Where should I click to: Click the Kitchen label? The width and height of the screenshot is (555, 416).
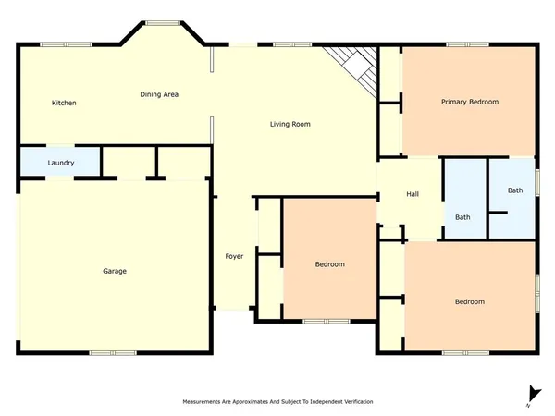pyautogui.click(x=64, y=103)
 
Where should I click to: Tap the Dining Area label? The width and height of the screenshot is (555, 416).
pyautogui.click(x=159, y=94)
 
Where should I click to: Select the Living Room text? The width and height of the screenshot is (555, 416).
pyautogui.click(x=290, y=124)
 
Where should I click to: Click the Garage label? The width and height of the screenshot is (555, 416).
pyautogui.click(x=115, y=271)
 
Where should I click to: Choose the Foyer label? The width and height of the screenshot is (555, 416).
pyautogui.click(x=235, y=256)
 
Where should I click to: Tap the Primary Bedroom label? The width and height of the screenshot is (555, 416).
pyautogui.click(x=470, y=102)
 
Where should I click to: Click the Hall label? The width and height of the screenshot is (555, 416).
pyautogui.click(x=413, y=194)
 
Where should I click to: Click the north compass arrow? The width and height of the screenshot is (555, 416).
pyautogui.click(x=529, y=394)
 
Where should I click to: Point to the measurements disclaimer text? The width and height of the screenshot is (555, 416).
pyautogui.click(x=277, y=402)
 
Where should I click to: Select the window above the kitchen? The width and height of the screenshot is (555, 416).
pyautogui.click(x=53, y=43)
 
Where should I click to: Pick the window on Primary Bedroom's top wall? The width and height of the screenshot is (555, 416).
pyautogui.click(x=466, y=43)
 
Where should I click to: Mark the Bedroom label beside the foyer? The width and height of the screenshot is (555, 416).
pyautogui.click(x=329, y=264)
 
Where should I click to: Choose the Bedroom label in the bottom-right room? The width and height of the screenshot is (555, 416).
pyautogui.click(x=469, y=302)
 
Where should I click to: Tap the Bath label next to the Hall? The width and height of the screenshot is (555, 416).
pyautogui.click(x=462, y=217)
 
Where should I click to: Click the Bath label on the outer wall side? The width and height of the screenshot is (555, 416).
pyautogui.click(x=515, y=190)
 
